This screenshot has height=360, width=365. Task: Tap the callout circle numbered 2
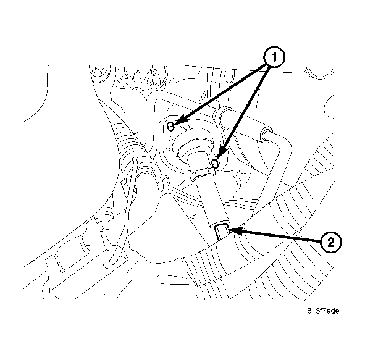[331, 242]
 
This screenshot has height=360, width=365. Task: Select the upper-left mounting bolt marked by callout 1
[171, 127]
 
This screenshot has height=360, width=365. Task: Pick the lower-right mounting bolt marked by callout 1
[215, 163]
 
